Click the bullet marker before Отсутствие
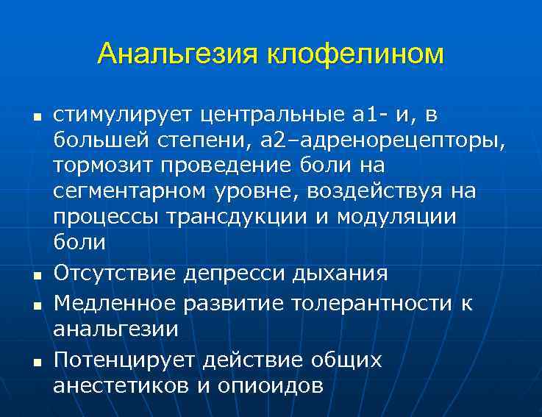[35, 275]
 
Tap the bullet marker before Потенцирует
[35, 361]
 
